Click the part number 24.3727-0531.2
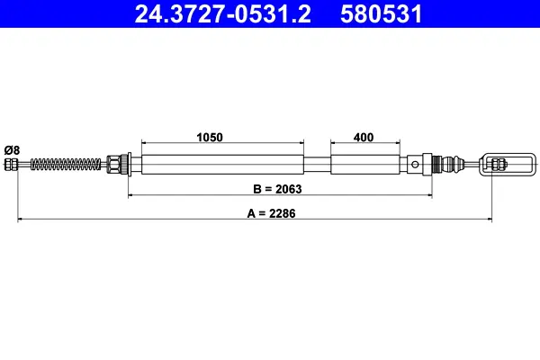[x=223, y=14]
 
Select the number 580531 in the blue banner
[x=382, y=14]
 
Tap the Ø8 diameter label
[x=12, y=150]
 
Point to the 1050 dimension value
[x=210, y=137]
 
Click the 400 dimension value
[x=364, y=137]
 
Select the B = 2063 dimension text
[x=277, y=189]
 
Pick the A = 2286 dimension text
[x=272, y=213]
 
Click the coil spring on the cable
[x=66, y=164]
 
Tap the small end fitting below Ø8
[x=11, y=165]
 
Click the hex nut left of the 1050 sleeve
[x=113, y=165]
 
